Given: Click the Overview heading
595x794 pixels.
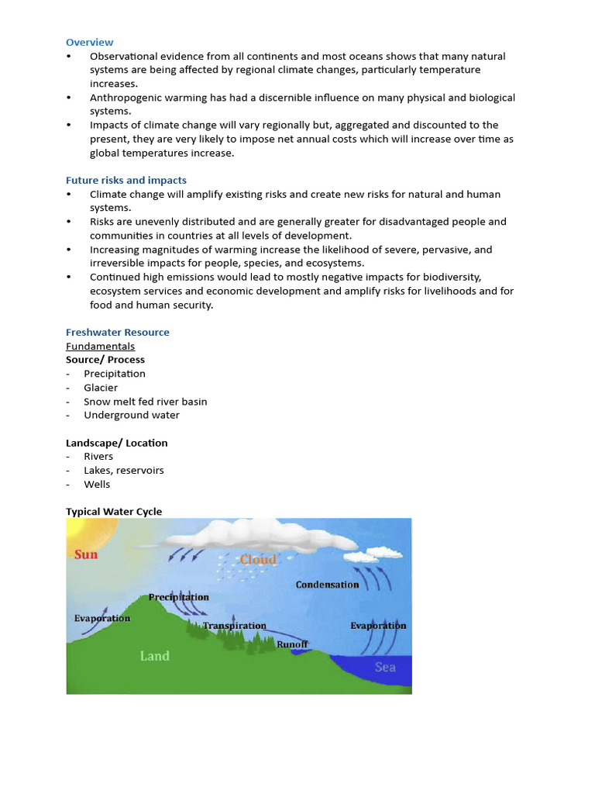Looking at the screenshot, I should (89, 42).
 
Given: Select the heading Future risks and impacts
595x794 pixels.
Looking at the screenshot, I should (126, 180).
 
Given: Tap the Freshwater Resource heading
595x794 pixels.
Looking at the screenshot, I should (117, 332).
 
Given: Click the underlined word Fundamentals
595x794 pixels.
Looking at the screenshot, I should (100, 346).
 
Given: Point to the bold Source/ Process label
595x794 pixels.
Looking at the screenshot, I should (105, 360).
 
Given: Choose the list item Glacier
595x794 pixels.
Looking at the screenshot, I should (101, 388).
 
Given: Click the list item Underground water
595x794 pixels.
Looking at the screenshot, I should (131, 415).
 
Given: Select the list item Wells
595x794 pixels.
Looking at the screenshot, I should (97, 484).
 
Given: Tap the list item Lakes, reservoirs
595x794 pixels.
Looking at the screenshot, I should (123, 470).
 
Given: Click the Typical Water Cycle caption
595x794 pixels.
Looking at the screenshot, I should (114, 512).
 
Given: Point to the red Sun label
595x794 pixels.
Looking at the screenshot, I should (86, 554).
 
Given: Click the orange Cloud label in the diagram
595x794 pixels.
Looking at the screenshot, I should (257, 559).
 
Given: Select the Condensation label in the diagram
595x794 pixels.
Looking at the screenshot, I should (327, 585).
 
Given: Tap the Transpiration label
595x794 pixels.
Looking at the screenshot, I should (234, 626).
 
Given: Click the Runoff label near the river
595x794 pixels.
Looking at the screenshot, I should (292, 644).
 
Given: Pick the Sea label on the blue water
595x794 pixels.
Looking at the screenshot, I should (385, 667).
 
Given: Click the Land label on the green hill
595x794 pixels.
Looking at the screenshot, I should (154, 656).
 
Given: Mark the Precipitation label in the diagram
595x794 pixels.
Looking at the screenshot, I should (178, 597).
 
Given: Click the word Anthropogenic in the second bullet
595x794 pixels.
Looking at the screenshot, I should (128, 98).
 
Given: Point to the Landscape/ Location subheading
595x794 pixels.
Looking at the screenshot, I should (116, 443).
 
